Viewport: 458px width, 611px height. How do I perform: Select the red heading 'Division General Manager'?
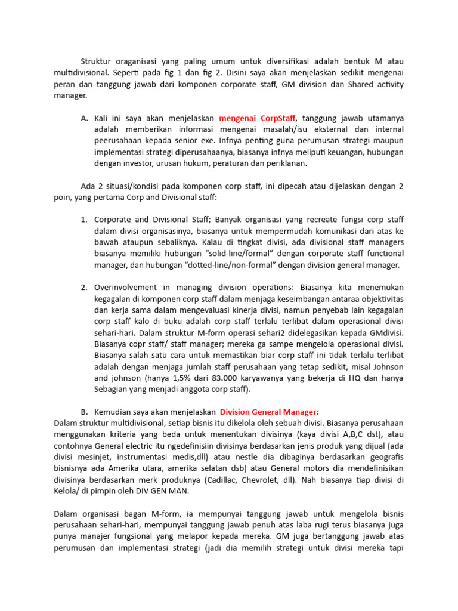269,412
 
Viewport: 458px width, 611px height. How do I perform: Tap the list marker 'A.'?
84,118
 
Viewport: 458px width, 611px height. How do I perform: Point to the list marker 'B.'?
84,412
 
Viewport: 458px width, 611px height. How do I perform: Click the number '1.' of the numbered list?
84,220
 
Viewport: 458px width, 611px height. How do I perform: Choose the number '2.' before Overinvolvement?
84,288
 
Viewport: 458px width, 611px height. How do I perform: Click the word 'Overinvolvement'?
126,288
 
